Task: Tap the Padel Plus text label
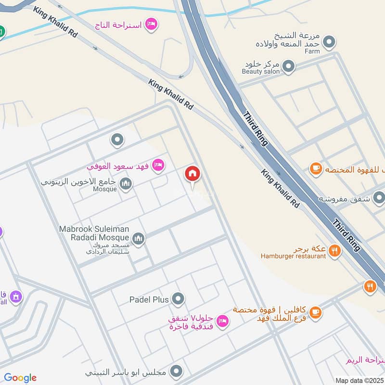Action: pyautogui.click(x=149, y=300)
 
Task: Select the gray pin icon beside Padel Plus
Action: pyautogui.click(x=178, y=299)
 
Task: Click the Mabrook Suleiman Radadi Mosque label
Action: pyautogui.click(x=94, y=233)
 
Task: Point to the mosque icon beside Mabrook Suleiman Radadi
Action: pyautogui.click(x=139, y=239)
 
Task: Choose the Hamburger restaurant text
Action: pyautogui.click(x=294, y=256)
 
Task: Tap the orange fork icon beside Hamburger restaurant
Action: pyautogui.click(x=335, y=250)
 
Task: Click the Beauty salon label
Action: pyautogui.click(x=261, y=71)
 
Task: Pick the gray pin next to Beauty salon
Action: pyautogui.click(x=288, y=66)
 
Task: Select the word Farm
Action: pyautogui.click(x=312, y=51)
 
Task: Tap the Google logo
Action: pyautogui.click(x=20, y=378)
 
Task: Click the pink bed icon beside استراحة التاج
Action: pyautogui.click(x=151, y=24)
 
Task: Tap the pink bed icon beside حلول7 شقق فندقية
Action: pyautogui.click(x=222, y=321)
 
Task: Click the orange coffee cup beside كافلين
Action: pyautogui.click(x=315, y=312)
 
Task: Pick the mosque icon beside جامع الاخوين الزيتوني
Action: pyautogui.click(x=126, y=183)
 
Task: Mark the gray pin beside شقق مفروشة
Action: pyautogui.click(x=379, y=198)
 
